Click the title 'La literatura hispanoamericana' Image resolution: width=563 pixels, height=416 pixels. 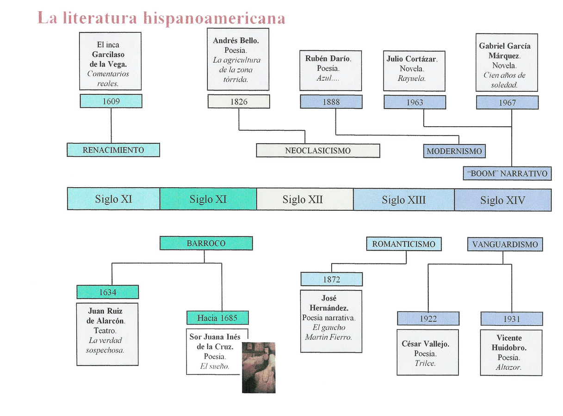pyautogui.click(x=161, y=18)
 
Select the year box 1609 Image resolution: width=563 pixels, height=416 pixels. pyautogui.click(x=111, y=101)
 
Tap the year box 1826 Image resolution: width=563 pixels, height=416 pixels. pyautogui.click(x=239, y=101)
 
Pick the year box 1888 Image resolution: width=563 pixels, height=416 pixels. pyautogui.click(x=331, y=102)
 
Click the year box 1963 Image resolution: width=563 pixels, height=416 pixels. pyautogui.click(x=415, y=102)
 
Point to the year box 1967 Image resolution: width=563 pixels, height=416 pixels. pyautogui.click(x=507, y=103)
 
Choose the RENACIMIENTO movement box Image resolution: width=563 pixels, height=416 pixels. pyautogui.click(x=113, y=150)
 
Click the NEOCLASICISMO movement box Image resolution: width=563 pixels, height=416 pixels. pyautogui.click(x=318, y=151)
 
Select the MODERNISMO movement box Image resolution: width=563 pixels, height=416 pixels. pyautogui.click(x=454, y=151)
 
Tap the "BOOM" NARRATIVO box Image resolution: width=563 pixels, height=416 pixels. pyautogui.click(x=507, y=173)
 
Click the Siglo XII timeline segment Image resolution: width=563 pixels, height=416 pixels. pyautogui.click(x=303, y=200)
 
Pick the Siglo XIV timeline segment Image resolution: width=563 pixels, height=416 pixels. pyautogui.click(x=502, y=200)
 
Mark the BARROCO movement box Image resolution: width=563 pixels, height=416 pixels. pyautogui.click(x=206, y=243)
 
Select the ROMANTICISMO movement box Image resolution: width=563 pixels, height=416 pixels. pyautogui.click(x=404, y=244)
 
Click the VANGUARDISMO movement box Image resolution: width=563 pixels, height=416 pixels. pyautogui.click(x=505, y=244)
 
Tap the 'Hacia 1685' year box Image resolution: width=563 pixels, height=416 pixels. pyautogui.click(x=217, y=318)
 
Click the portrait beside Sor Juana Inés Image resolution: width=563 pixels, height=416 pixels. pyautogui.click(x=259, y=367)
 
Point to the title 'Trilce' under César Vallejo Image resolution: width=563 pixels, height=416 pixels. pyautogui.click(x=425, y=363)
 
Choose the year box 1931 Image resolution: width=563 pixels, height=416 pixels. pyautogui.click(x=512, y=319)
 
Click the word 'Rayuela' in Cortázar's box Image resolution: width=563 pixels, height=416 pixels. pyautogui.click(x=412, y=79)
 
